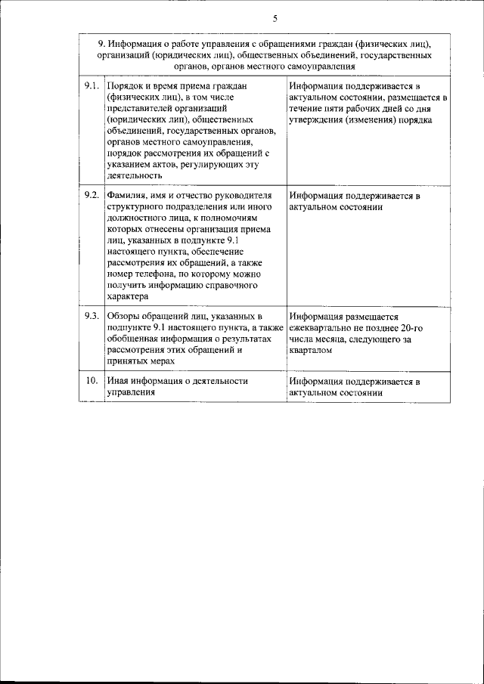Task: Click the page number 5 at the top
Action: pos(275,18)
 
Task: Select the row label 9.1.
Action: pos(92,86)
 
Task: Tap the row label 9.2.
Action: pos(92,195)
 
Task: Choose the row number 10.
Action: pos(92,381)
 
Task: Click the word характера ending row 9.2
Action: pos(128,297)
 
